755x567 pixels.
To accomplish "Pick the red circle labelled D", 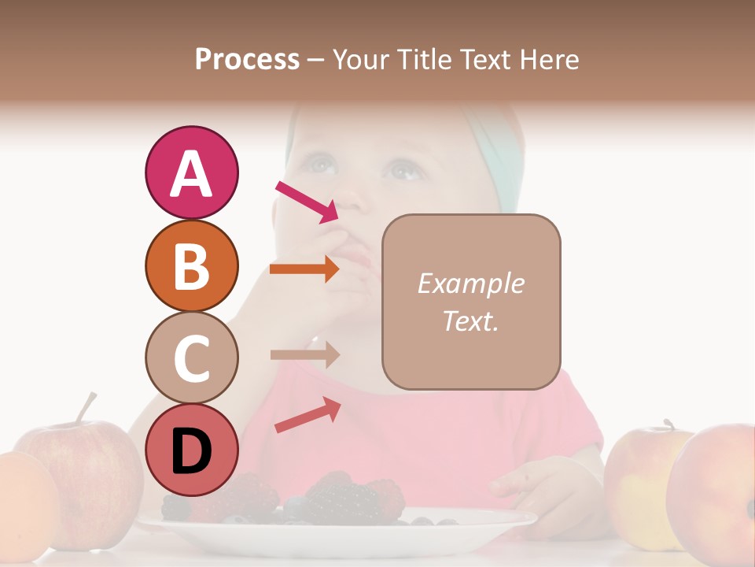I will [191, 450].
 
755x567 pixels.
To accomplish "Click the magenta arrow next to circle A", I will [307, 201].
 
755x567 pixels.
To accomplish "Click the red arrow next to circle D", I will [308, 415].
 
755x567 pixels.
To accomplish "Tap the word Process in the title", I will [247, 59].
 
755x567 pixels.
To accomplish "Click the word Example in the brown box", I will [470, 283].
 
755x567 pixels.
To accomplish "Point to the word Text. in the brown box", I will [470, 321].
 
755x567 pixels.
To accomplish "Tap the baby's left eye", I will [403, 169].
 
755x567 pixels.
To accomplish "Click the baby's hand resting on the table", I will [535, 484].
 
